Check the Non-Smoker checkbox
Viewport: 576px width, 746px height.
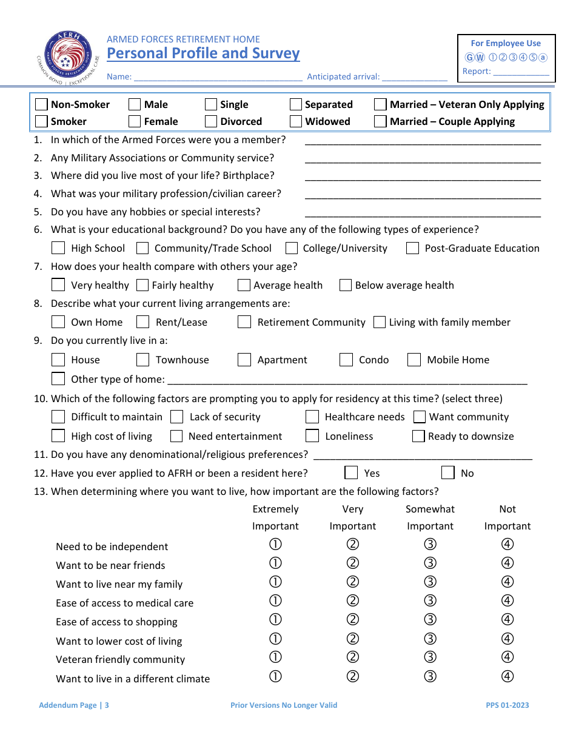click(x=42, y=104)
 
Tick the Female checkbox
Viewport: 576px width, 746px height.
click(x=135, y=121)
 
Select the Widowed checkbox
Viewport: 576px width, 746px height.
click(x=296, y=121)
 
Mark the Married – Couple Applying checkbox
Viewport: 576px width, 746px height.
click(x=380, y=121)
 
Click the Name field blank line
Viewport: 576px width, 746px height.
click(x=218, y=78)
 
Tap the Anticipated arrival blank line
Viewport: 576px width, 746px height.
click(x=414, y=78)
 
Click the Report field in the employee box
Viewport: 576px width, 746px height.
click(x=521, y=72)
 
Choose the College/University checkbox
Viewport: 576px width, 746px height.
click(x=292, y=248)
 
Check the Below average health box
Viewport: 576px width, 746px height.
click(x=346, y=285)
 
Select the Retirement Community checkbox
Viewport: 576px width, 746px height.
click(x=244, y=322)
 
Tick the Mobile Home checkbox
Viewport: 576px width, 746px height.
click(x=414, y=360)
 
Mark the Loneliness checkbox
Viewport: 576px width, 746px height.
click(x=312, y=436)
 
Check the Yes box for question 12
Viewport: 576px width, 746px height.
click(x=351, y=473)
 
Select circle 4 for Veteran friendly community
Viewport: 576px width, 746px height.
click(x=507, y=657)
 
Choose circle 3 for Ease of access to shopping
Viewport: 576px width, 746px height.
click(x=430, y=620)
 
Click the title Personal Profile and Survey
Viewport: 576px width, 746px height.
click(x=203, y=53)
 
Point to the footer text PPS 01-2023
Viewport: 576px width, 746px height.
click(x=507, y=705)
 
